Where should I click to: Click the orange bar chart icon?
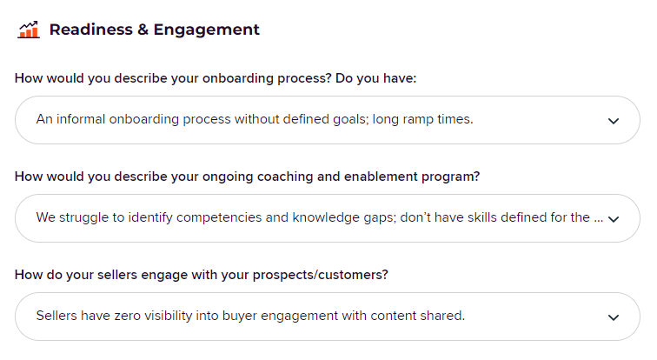point(29,30)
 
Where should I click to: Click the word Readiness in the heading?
point(91,30)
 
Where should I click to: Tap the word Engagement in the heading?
point(207,30)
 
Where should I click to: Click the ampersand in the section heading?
point(143,30)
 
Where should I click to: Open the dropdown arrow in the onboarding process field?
point(614,121)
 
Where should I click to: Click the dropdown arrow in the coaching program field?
point(614,219)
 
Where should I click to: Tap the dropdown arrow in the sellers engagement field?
point(614,317)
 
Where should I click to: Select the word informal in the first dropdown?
point(81,119)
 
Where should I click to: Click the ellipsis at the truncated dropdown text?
point(598,220)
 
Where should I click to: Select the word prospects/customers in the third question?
point(320,275)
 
